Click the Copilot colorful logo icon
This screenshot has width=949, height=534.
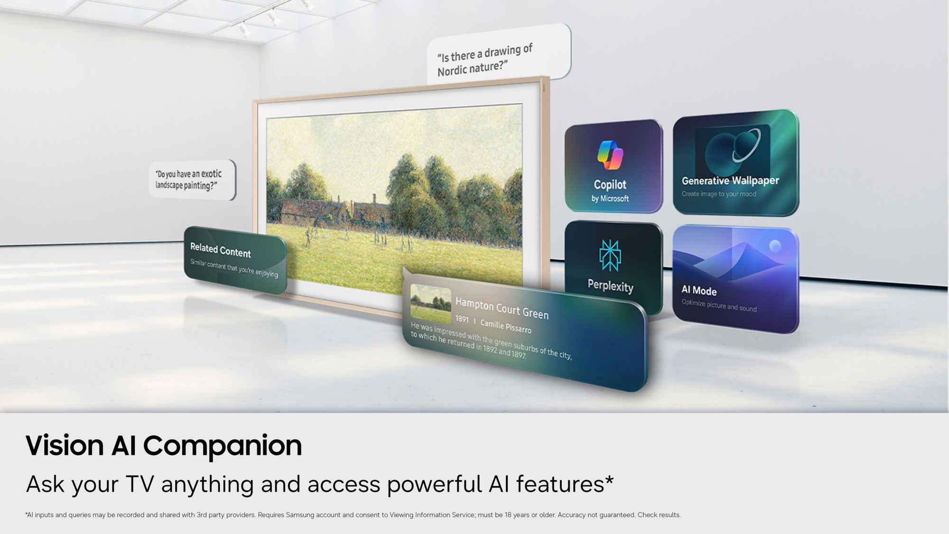(610, 155)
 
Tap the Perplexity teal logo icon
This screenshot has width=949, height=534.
(610, 255)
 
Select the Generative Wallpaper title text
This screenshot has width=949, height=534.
(730, 181)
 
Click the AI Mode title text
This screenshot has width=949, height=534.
(699, 290)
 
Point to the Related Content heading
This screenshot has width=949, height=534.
(220, 250)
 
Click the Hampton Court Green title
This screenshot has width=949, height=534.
(502, 308)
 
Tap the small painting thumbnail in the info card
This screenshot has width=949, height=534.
(430, 304)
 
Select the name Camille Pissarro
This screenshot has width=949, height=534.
(506, 326)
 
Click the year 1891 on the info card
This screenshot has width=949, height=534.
(462, 320)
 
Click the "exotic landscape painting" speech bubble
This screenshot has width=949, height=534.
(193, 180)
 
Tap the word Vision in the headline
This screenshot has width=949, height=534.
(65, 446)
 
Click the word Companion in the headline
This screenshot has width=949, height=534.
(223, 446)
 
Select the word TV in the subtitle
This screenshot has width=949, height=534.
(140, 484)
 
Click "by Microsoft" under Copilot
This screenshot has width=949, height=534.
(610, 198)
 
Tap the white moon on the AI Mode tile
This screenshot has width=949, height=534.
(775, 246)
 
